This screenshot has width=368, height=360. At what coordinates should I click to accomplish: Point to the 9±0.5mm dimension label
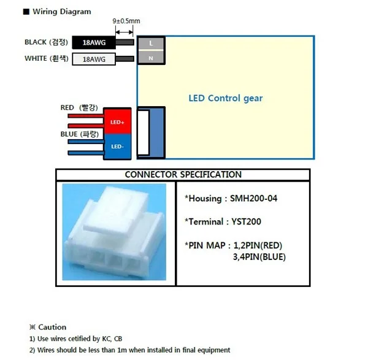[126, 21]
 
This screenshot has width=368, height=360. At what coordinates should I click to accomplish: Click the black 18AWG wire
[94, 42]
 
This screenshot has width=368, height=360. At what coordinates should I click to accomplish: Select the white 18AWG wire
[94, 59]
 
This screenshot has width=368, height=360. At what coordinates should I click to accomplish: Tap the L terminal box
[150, 42]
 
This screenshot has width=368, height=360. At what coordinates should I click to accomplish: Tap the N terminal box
[150, 58]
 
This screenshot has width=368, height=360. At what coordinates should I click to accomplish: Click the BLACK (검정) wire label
[46, 42]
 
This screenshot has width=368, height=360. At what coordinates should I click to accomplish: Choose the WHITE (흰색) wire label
[46, 59]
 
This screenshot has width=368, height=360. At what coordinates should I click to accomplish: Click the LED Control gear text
[225, 98]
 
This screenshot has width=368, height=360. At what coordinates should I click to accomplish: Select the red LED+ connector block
[117, 122]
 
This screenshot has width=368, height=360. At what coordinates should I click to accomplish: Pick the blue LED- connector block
[117, 146]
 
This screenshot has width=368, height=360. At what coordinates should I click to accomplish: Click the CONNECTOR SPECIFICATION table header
[183, 175]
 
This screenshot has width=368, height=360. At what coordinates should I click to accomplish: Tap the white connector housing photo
[115, 233]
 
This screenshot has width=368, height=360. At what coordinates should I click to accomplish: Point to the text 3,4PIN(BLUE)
[259, 256]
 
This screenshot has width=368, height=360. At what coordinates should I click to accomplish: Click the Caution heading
[48, 327]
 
